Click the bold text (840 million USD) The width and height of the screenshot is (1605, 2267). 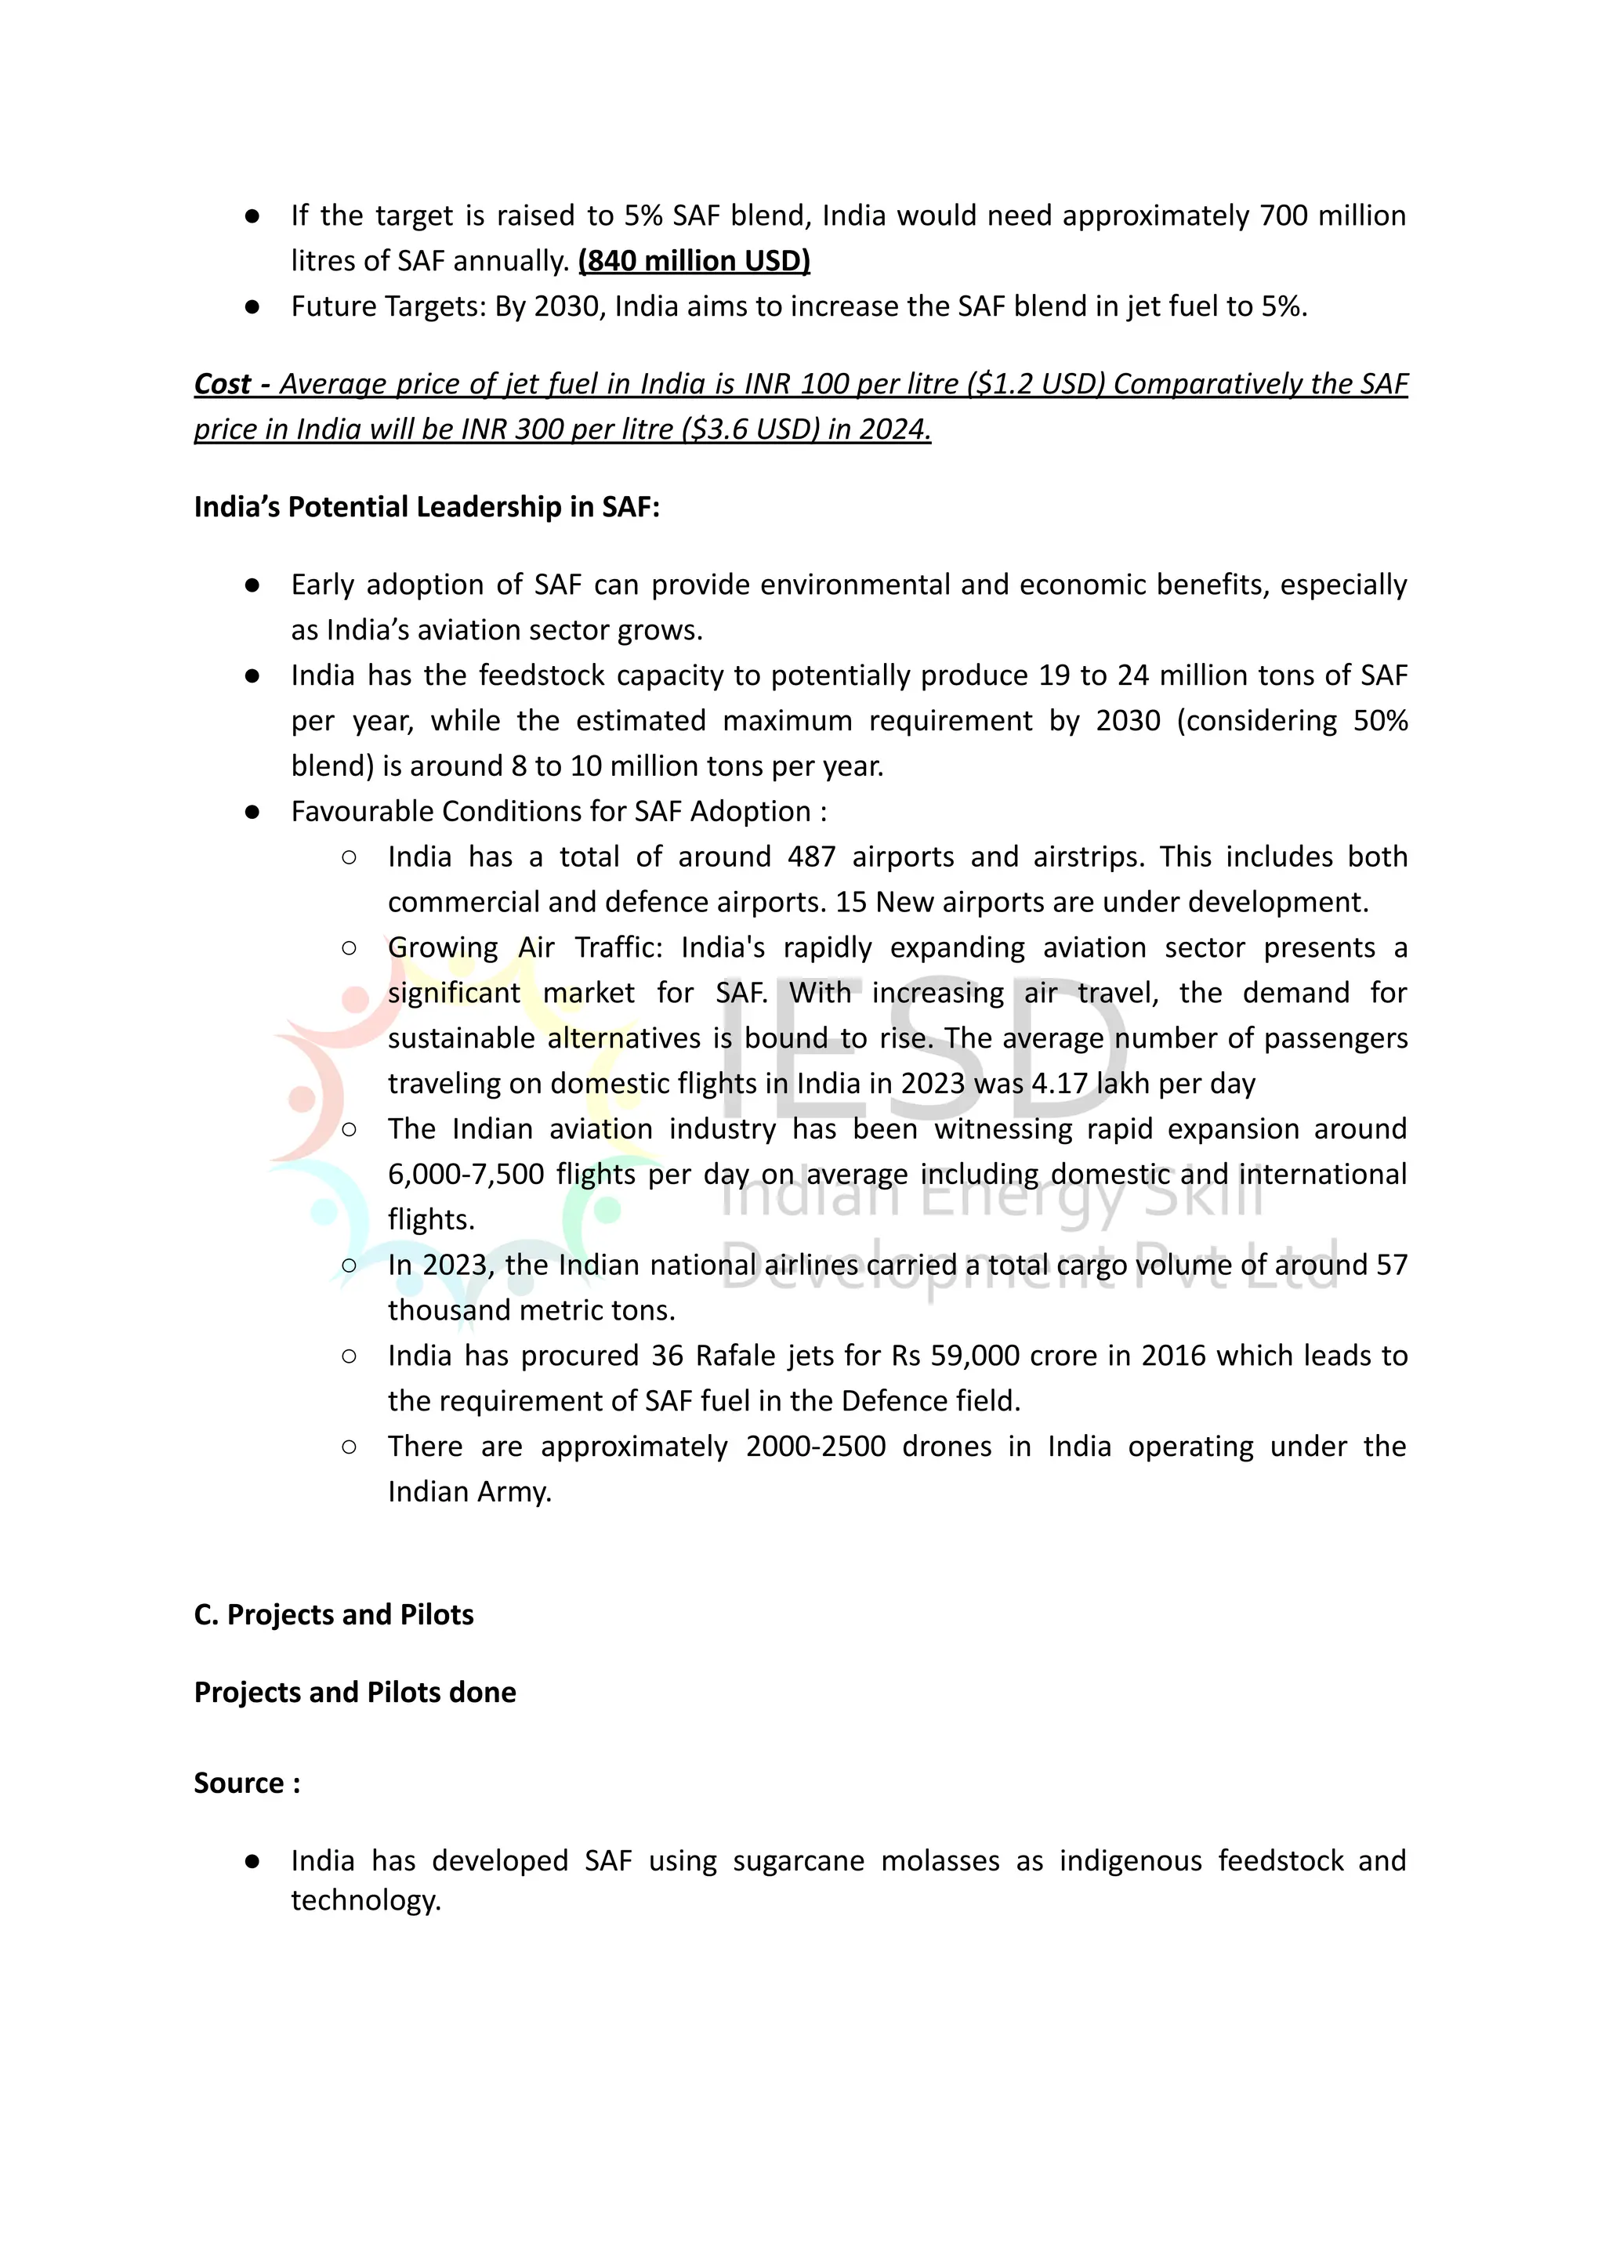[694, 261]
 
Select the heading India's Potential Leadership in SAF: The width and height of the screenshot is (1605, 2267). [426, 507]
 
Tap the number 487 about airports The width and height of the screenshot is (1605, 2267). [811, 856]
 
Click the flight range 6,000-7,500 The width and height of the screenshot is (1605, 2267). [466, 1174]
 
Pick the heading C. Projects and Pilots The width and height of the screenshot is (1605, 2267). [333, 1615]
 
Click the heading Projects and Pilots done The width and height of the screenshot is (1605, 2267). [355, 1693]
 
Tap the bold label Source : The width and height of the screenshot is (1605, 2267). [247, 1784]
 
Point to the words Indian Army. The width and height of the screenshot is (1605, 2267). [469, 1492]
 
